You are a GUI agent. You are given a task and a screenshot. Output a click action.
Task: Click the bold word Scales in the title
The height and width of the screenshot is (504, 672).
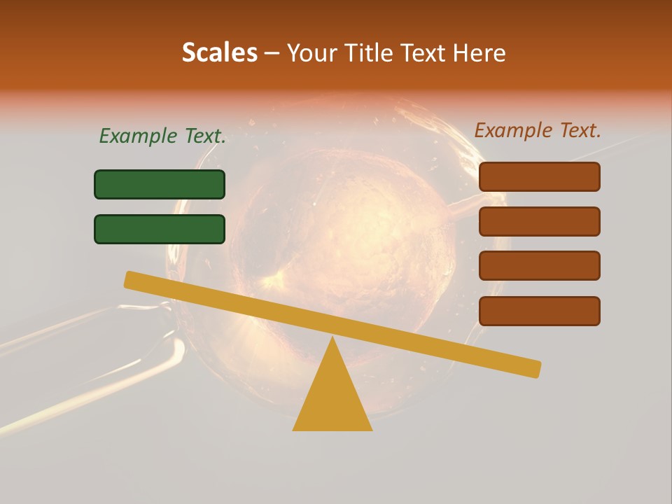tap(220, 52)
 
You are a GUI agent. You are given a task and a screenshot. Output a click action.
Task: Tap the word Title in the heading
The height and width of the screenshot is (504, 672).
tap(369, 52)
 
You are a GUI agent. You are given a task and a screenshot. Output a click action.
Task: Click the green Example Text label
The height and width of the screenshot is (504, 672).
tap(162, 136)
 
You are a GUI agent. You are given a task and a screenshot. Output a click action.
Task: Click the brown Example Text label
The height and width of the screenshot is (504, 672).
tap(538, 130)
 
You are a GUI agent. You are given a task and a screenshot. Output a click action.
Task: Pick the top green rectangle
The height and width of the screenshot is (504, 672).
tap(160, 184)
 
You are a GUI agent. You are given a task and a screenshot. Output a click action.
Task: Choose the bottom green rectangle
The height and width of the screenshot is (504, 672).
tap(160, 229)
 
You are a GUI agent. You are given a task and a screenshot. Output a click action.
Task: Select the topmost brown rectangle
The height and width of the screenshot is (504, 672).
tap(539, 176)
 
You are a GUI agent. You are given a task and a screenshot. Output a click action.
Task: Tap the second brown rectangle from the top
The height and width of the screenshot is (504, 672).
tap(539, 221)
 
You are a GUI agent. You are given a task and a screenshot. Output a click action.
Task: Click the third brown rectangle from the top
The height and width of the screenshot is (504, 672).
tap(539, 266)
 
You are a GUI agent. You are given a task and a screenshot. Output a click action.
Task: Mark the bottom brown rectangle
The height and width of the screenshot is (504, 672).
tap(539, 311)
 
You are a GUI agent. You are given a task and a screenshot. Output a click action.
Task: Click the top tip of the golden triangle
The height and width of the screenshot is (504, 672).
tap(332, 339)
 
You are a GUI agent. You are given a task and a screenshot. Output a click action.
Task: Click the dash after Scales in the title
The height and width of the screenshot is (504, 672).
tap(272, 53)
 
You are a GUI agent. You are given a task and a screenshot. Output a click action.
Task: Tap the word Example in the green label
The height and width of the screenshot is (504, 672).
tap(138, 136)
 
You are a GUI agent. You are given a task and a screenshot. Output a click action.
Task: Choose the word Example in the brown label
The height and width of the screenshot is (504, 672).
tap(513, 130)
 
